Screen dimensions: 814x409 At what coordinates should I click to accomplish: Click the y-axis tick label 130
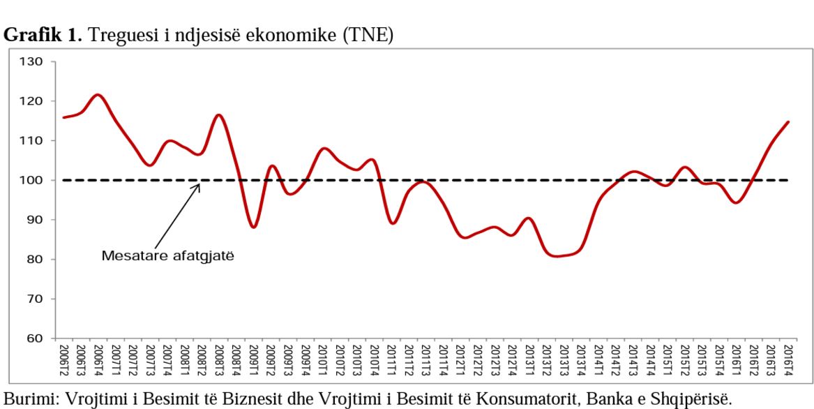31,62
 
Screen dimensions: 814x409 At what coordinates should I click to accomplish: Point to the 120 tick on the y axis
31,101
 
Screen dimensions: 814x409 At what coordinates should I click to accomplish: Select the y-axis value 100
31,180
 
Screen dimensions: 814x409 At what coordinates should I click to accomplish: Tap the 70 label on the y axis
34,299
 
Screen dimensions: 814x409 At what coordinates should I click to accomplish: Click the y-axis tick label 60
34,339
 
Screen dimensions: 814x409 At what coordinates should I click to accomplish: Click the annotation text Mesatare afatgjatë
168,256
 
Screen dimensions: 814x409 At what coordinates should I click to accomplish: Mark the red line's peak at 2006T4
98,95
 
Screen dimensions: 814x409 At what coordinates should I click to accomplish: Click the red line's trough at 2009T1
253,227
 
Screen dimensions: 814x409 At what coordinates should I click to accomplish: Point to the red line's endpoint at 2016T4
788,122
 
